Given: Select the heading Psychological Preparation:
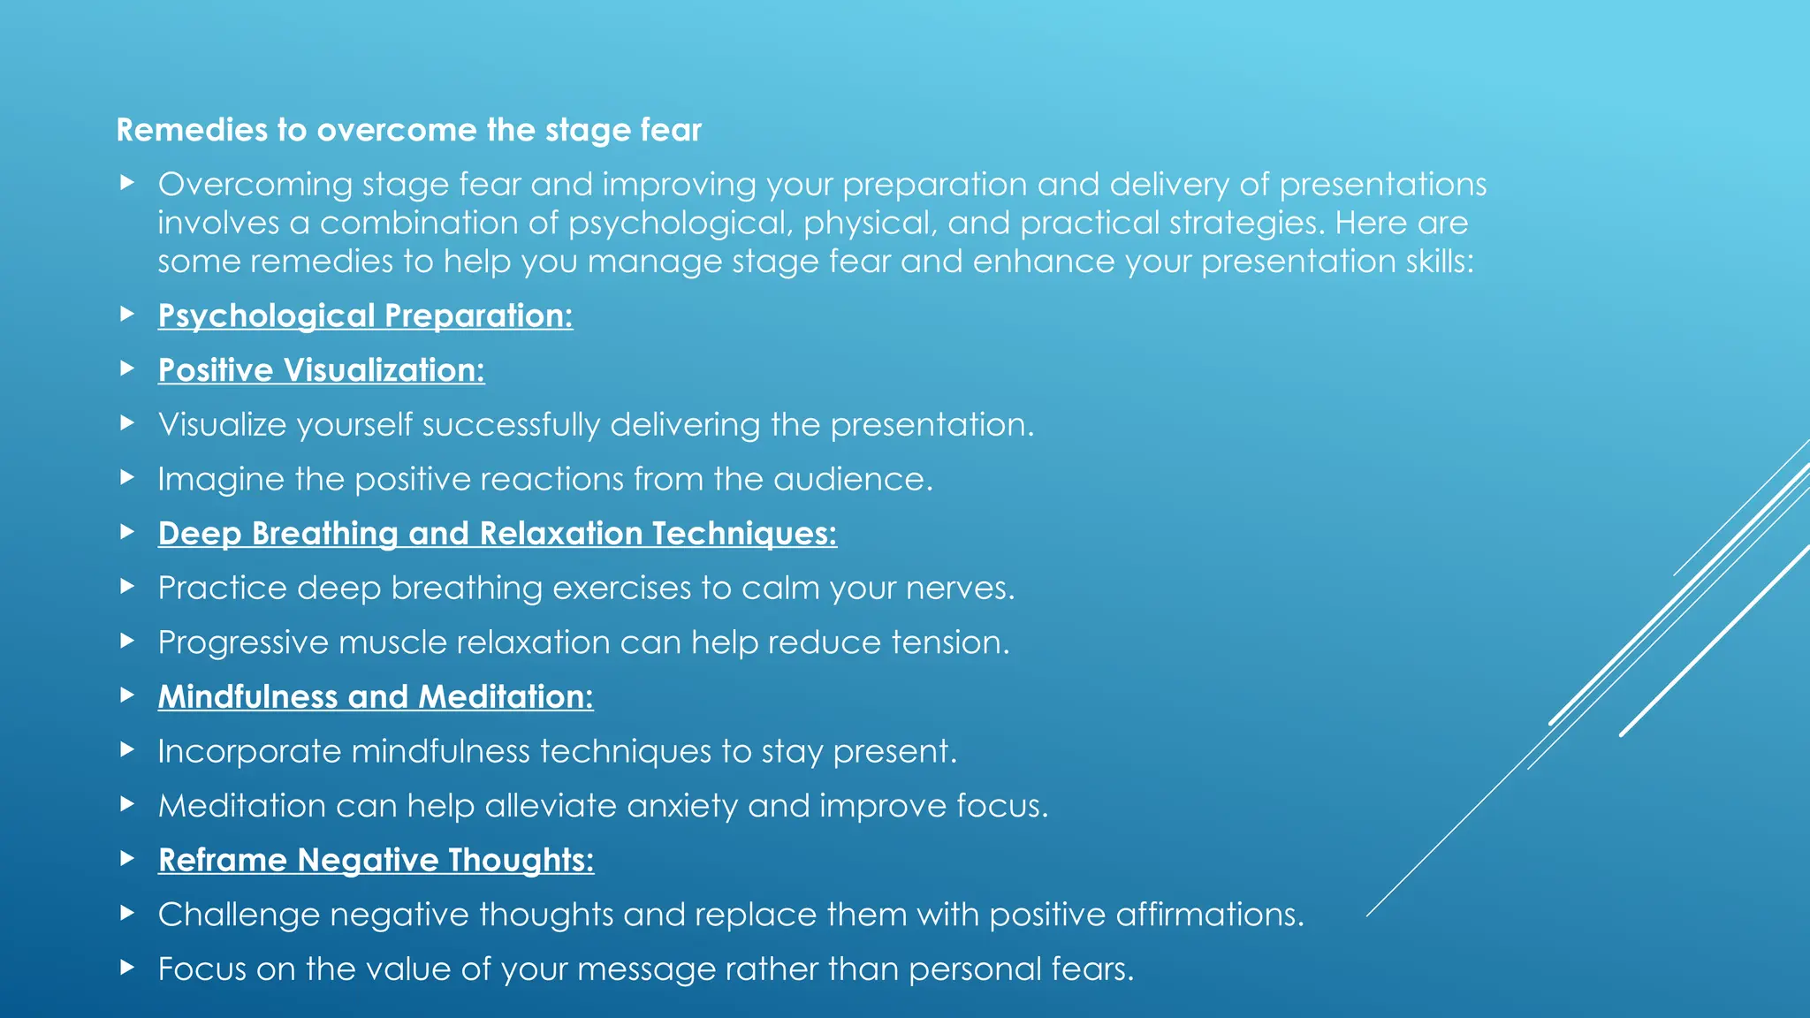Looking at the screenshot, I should (x=365, y=315).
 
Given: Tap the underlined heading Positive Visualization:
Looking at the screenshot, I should (x=321, y=370).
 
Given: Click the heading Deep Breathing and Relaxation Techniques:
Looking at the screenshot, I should (x=497, y=534).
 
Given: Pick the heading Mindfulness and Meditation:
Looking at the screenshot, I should (x=376, y=697).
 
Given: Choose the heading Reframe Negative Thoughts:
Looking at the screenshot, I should (x=376, y=860).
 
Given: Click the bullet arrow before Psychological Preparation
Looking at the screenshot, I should (x=127, y=314).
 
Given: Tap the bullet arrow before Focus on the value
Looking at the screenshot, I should (x=127, y=967).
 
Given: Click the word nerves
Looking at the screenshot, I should (x=968, y=589).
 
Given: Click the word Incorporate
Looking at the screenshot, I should (x=249, y=752).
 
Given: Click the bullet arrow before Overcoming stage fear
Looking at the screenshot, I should (x=127, y=183).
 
